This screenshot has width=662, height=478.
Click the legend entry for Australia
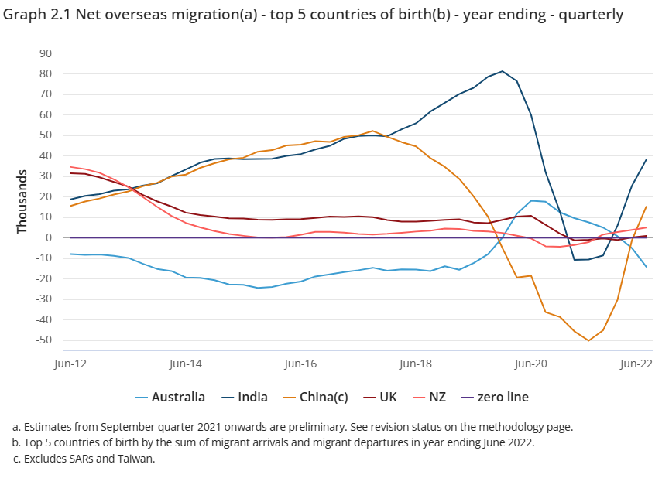pos(170,397)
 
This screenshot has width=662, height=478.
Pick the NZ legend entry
pos(430,397)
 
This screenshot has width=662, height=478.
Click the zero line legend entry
pos(493,397)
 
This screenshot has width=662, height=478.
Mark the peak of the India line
pos(503,71)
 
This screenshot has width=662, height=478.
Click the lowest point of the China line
pos(588,340)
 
